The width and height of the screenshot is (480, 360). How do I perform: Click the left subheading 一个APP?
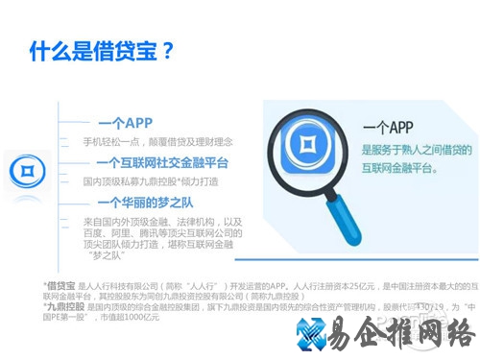(125, 123)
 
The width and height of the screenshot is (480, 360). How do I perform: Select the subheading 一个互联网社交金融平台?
(161, 162)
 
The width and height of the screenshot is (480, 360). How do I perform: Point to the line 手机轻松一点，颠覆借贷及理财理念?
(157, 141)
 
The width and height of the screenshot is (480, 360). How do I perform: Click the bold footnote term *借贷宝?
(59, 285)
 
